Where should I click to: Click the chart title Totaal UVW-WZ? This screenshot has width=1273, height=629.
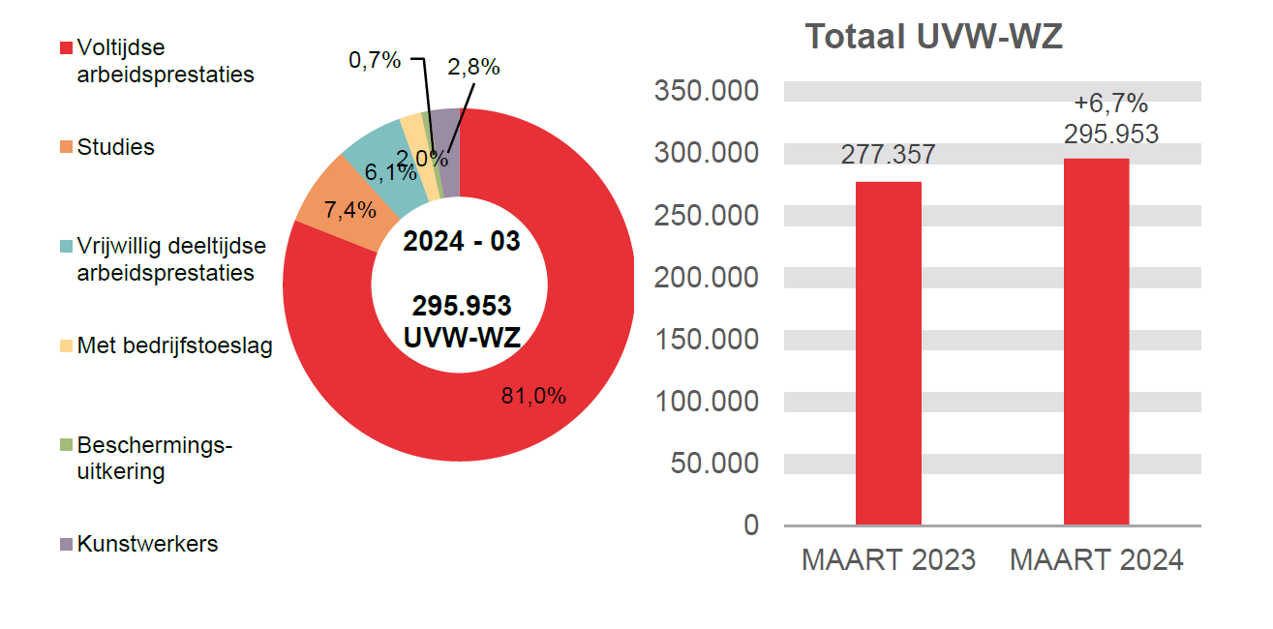(934, 38)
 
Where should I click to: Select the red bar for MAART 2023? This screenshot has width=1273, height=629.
(888, 353)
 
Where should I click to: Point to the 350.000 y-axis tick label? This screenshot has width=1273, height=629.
(707, 91)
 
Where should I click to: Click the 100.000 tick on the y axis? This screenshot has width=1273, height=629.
(707, 401)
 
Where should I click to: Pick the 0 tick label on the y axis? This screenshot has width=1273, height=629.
(751, 524)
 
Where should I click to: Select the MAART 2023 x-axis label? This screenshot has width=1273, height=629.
(888, 560)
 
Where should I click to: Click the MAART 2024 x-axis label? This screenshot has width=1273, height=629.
(1096, 560)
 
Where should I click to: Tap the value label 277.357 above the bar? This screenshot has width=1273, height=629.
(888, 155)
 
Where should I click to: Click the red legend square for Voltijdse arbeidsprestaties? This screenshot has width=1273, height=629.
(66, 48)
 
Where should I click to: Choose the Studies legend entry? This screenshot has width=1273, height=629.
(115, 147)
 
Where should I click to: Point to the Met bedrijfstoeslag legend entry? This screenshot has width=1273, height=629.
(174, 345)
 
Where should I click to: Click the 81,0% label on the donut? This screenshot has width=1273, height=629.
(533, 395)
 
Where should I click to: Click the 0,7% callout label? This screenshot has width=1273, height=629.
(375, 60)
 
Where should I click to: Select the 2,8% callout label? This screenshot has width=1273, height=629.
(473, 67)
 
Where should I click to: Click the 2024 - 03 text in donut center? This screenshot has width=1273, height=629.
(462, 241)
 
